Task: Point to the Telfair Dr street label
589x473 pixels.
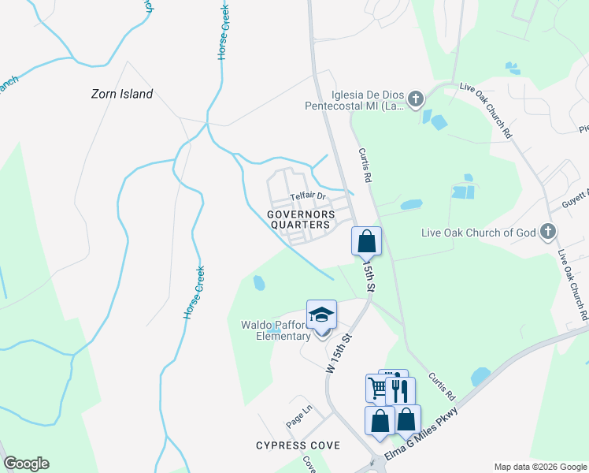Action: pos(307,196)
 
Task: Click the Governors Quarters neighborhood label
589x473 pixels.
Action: pos(300,219)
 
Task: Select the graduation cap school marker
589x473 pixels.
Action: pos(321,315)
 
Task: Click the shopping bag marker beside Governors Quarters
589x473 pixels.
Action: pos(367,241)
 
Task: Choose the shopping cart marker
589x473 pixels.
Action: pos(378,388)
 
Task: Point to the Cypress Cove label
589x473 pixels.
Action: pos(298,445)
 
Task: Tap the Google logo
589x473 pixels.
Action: pos(26,464)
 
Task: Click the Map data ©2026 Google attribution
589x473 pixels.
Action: pos(539,467)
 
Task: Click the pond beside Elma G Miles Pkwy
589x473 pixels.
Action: pos(480,377)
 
